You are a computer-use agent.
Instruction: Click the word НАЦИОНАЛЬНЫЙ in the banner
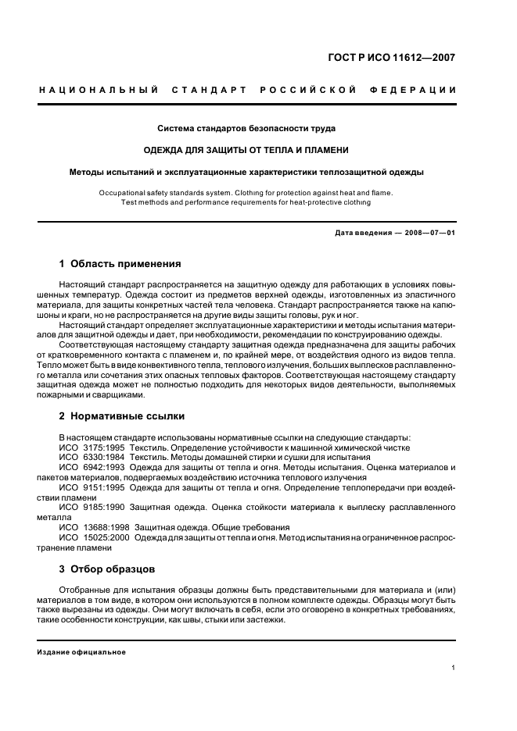(x=99, y=90)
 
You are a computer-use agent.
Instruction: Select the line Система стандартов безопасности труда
(x=246, y=128)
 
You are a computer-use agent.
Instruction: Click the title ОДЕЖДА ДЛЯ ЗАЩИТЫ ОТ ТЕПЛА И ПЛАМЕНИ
(x=246, y=150)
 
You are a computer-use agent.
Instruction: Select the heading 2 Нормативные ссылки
(x=122, y=416)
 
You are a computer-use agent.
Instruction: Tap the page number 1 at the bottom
(x=454, y=668)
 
